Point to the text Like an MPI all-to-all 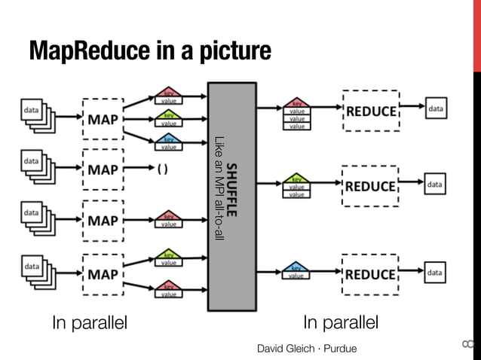(x=219, y=188)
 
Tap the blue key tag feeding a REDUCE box (x=296, y=270)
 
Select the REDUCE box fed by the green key (x=370, y=186)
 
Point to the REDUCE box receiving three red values (x=370, y=111)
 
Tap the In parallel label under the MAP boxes (x=90, y=324)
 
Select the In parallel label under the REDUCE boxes (x=340, y=324)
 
